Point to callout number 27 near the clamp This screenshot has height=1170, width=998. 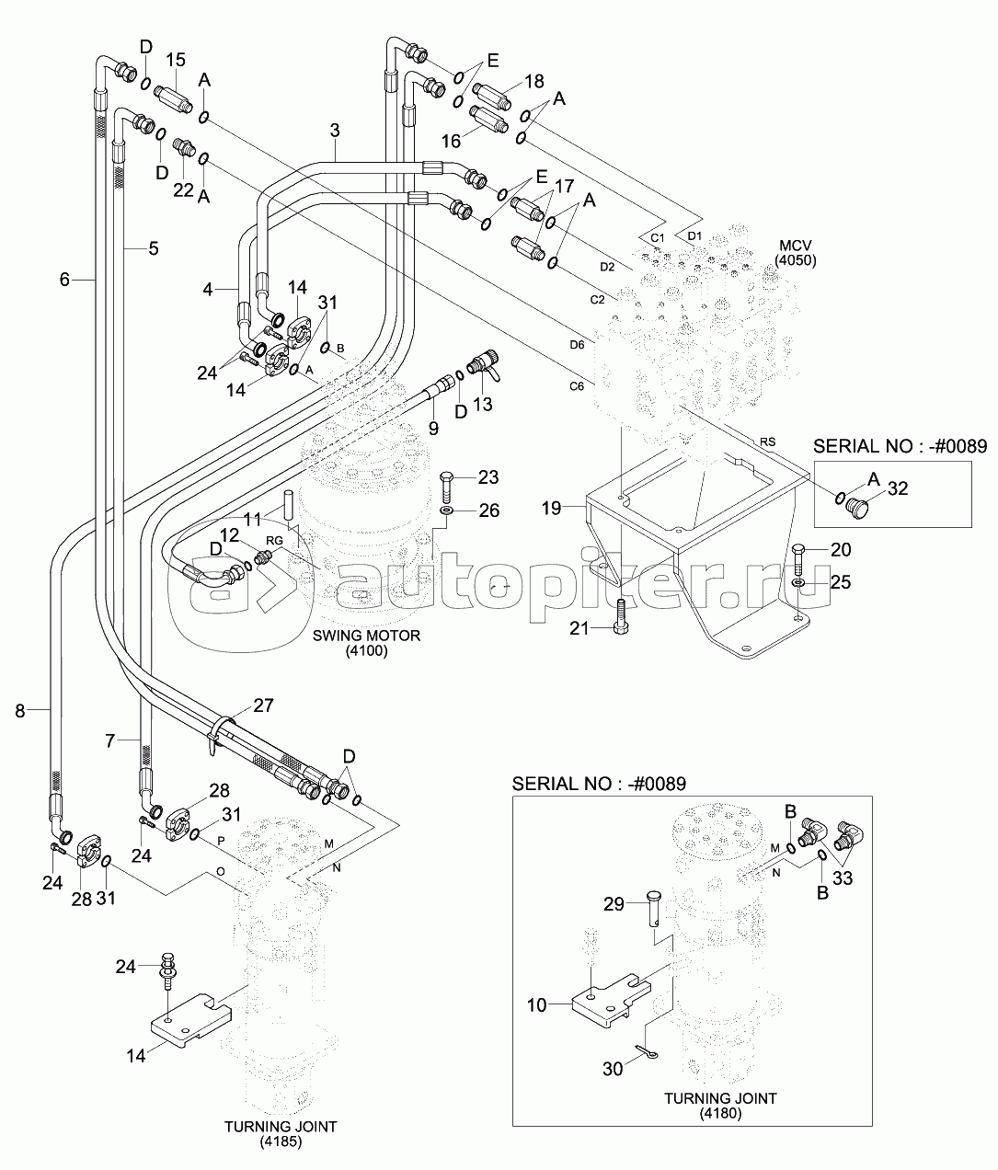pos(263,706)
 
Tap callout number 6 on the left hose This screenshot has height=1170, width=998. pos(64,279)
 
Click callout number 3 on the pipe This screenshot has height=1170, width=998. pos(336,131)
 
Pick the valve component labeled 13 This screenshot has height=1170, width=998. pos(482,367)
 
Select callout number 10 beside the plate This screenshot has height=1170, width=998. pos(536,1005)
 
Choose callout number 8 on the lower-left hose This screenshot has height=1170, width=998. pos(20,709)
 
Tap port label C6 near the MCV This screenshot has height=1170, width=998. pos(576,386)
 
